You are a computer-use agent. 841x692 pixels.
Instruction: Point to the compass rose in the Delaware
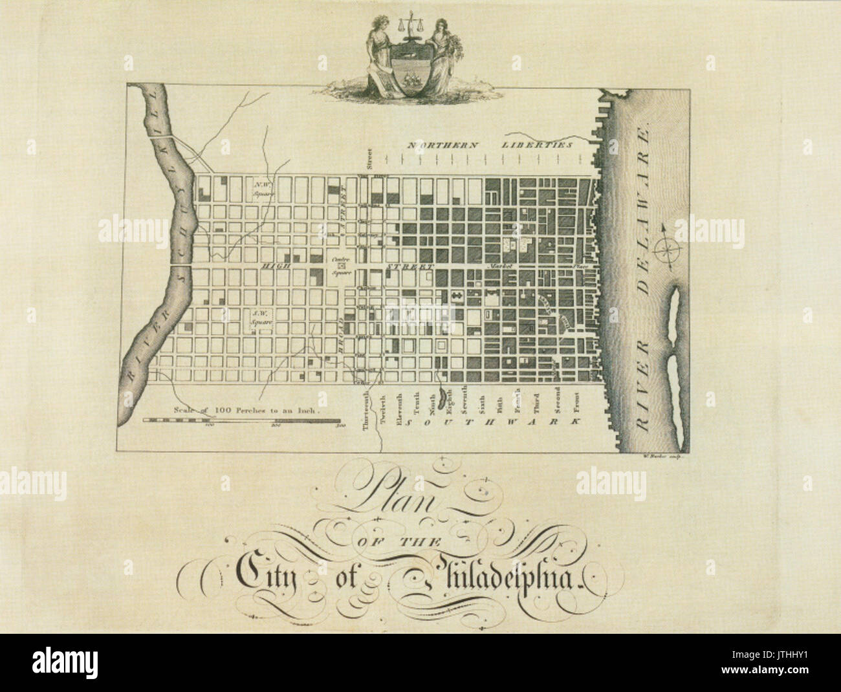pyautogui.click(x=666, y=248)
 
